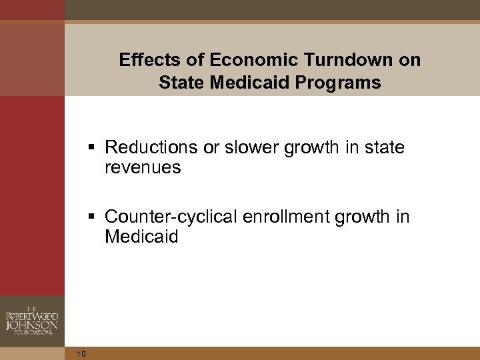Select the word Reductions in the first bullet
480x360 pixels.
(x=150, y=147)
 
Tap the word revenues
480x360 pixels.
(x=143, y=168)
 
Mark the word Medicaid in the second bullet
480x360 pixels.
(x=141, y=237)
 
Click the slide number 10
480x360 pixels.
(x=81, y=353)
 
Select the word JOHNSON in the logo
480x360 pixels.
(x=31, y=325)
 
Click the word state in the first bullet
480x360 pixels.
(x=384, y=147)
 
